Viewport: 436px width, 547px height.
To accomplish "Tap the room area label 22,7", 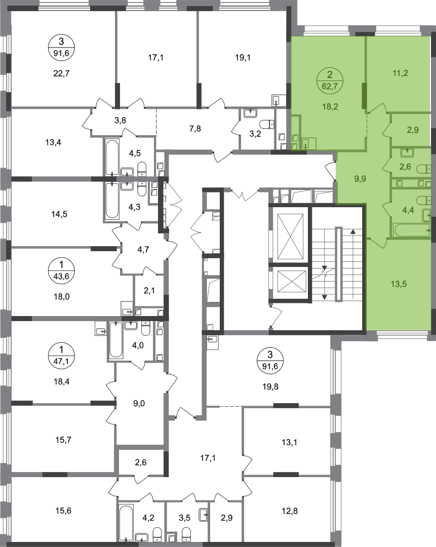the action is tap(62, 73).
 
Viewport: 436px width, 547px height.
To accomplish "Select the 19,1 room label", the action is tap(243, 58).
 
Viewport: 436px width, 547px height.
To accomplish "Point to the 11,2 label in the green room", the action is tap(400, 73).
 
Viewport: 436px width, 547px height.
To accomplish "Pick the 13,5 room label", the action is tap(399, 284).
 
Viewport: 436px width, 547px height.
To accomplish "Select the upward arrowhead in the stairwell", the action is tap(353, 231).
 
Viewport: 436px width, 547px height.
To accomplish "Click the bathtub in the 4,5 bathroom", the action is tap(112, 158).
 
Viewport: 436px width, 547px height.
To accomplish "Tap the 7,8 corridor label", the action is tap(195, 129).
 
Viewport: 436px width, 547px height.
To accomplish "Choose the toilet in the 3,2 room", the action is tap(267, 124).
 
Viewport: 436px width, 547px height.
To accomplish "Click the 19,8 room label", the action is tap(271, 386).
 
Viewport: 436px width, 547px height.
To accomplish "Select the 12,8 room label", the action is tap(290, 511).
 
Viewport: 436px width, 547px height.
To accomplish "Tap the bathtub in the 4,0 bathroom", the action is tap(116, 340).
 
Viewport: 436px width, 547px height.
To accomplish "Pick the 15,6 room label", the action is tap(63, 511).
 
